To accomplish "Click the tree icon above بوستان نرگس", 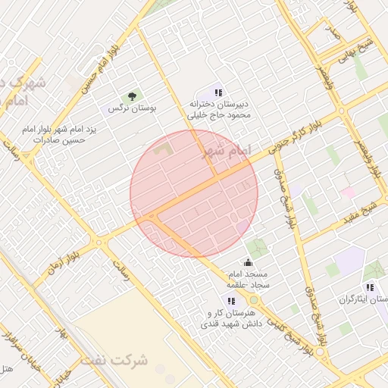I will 133,96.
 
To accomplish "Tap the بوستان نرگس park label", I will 132,109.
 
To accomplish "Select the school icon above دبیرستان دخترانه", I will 218,92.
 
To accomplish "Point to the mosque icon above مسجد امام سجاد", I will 248,263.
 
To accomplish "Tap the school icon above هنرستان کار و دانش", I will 231,301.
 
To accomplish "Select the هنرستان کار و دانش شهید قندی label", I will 230,318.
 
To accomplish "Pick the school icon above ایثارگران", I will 370,287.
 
